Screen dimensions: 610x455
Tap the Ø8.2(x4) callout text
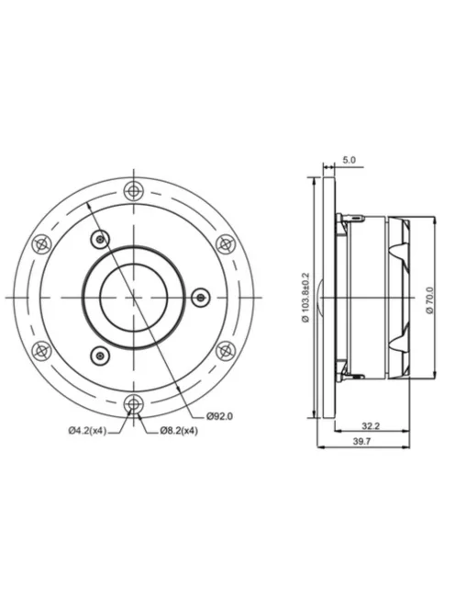pyautogui.click(x=176, y=431)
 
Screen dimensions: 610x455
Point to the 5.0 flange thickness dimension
pyautogui.click(x=349, y=160)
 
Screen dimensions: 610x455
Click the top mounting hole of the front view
pyautogui.click(x=135, y=189)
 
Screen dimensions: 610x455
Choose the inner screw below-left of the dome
pyautogui.click(x=99, y=354)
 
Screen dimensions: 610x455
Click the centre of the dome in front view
pyautogui.click(x=134, y=296)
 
